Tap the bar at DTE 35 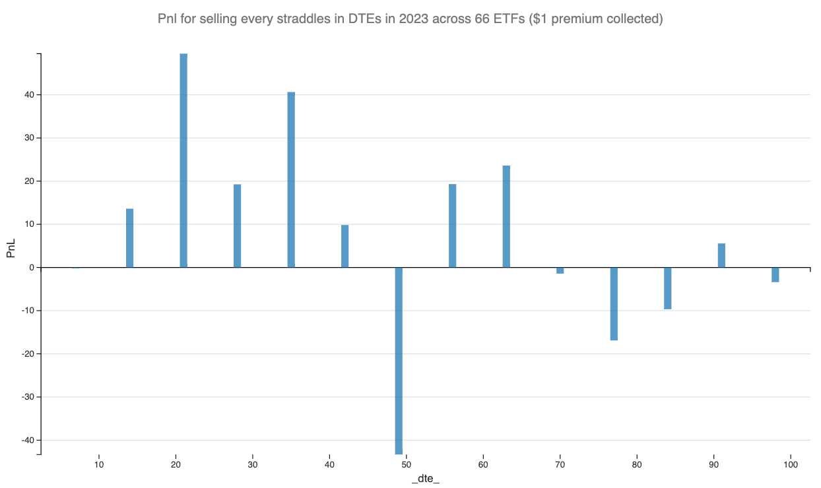tap(291, 179)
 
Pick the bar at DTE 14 tap(129, 238)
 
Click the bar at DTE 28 tap(237, 226)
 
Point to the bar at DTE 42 tap(345, 246)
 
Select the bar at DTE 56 tap(452, 226)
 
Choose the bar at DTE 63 tap(506, 216)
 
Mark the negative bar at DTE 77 tap(614, 304)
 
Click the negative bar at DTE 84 tap(667, 288)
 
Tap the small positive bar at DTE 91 tap(721, 255)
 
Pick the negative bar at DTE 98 tap(775, 275)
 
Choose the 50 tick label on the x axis tap(406, 464)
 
